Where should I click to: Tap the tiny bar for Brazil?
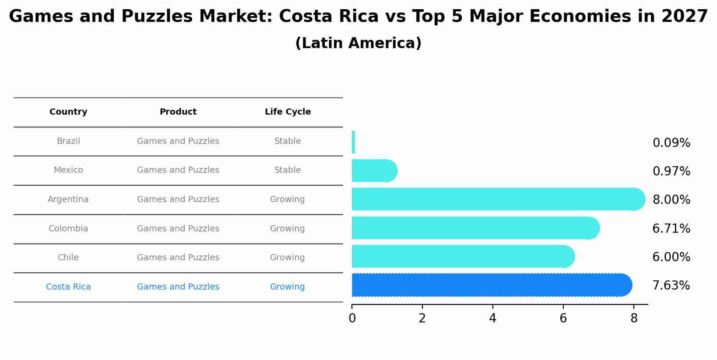(353, 142)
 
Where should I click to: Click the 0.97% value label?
(671, 171)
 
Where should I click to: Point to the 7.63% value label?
(671, 286)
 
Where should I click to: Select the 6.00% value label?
(671, 257)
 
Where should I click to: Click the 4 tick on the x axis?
(492, 319)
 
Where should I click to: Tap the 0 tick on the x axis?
(352, 319)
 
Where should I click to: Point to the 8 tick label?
(633, 319)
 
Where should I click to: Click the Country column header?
(68, 112)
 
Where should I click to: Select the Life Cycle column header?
(288, 112)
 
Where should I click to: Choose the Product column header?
(178, 112)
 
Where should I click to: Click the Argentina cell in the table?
(68, 199)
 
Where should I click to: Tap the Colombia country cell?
(68, 229)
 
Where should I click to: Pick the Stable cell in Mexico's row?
(288, 170)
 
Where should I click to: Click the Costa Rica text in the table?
(68, 287)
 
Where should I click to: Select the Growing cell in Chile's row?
(288, 258)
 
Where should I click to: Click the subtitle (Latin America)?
(358, 44)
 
